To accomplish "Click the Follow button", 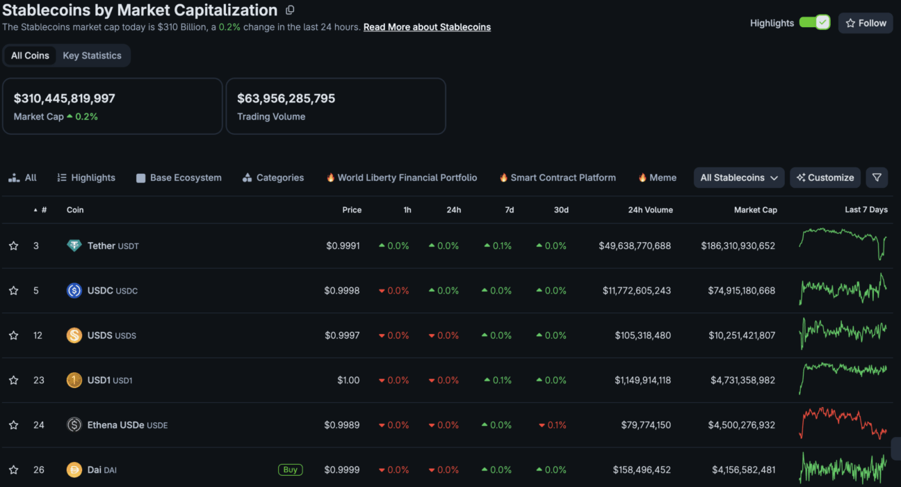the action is click(x=866, y=23).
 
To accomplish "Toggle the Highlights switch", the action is click(x=815, y=22).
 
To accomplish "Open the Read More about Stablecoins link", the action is click(x=427, y=27).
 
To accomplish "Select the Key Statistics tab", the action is click(x=92, y=56).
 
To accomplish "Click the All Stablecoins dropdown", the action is click(x=739, y=177).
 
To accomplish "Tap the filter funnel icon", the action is click(x=877, y=177).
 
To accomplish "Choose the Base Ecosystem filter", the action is click(x=179, y=177).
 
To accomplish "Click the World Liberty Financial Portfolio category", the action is click(x=402, y=177).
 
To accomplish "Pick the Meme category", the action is click(x=658, y=177).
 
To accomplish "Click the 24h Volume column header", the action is click(x=651, y=209).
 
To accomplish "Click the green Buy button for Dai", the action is click(x=291, y=470).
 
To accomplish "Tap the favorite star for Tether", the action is click(x=14, y=246).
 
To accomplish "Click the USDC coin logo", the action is click(x=74, y=290).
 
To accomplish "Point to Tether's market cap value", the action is click(x=738, y=246).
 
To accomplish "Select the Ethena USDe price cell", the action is click(x=342, y=424).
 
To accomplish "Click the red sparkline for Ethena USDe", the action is click(x=843, y=422).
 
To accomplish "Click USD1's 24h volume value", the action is click(x=643, y=380).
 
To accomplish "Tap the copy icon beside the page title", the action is click(x=290, y=10).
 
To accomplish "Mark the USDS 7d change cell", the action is click(x=497, y=335).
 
